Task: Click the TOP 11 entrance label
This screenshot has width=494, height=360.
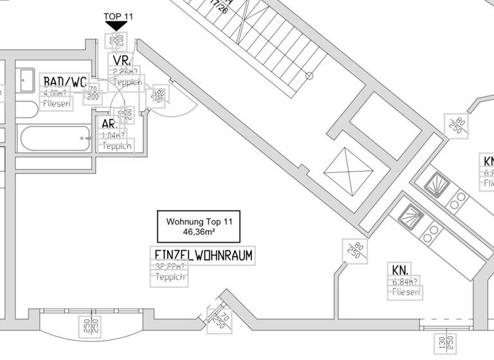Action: click(118, 16)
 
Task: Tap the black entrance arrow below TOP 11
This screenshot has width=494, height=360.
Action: click(117, 26)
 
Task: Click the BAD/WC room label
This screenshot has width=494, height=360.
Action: click(65, 82)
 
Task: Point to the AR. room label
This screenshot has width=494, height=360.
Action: click(109, 124)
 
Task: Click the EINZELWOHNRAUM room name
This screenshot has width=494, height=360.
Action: click(203, 255)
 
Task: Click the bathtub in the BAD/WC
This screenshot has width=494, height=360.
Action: click(55, 138)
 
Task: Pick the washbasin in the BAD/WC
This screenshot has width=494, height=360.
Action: click(26, 81)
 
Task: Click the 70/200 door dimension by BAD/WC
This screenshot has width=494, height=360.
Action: click(93, 93)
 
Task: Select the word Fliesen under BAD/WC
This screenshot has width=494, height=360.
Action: click(56, 104)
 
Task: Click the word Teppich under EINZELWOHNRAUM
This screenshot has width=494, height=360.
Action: click(170, 278)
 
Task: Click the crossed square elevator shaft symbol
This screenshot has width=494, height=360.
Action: click(348, 172)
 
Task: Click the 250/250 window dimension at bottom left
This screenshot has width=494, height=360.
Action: click(89, 327)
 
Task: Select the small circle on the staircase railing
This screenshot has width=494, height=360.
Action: click(309, 76)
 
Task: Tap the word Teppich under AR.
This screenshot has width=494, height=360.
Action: click(116, 146)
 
